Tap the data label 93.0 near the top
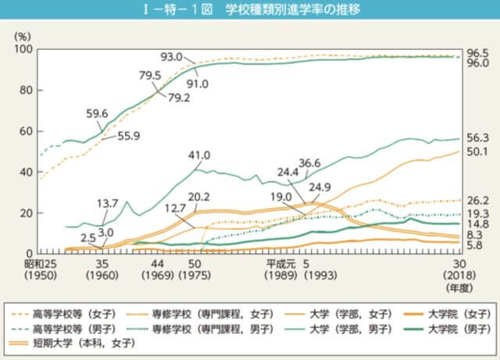click(171, 56)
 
